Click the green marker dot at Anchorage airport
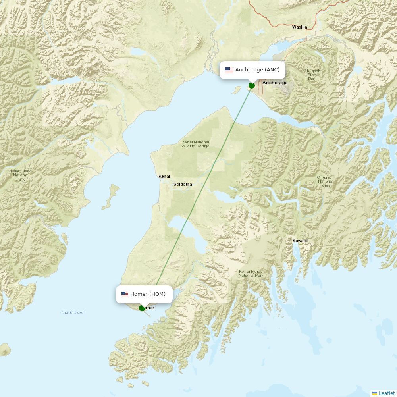pos(252,85)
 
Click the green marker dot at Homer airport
pos(142,308)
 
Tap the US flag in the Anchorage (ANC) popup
pos(229,70)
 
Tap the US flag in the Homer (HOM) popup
pos(125,294)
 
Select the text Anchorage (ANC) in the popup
pos(257,70)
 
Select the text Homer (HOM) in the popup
pos(148,294)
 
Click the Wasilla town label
pos(299,27)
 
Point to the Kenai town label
pos(164,176)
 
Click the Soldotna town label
pos(183,184)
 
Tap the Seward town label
pos(300,241)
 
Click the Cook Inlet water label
pos(72,312)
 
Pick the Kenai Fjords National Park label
pos(251,274)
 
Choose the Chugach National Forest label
pos(325,181)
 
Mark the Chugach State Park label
pos(312,75)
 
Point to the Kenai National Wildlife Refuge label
pos(195,144)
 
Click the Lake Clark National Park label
pos(21,175)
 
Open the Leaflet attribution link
pos(386,393)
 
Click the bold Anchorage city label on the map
pos(275,83)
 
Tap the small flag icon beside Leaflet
pos(375,393)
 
